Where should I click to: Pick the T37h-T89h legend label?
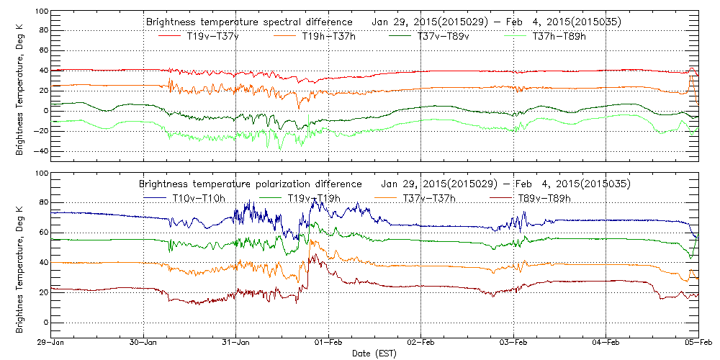point(559,36)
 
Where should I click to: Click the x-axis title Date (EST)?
point(374,354)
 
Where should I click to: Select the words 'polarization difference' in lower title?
point(315,184)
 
